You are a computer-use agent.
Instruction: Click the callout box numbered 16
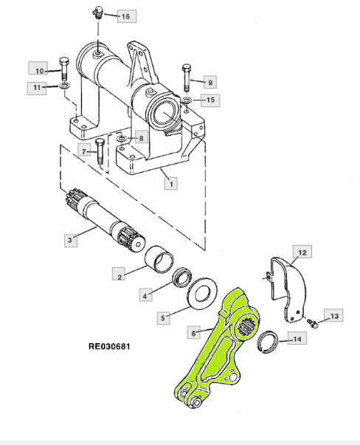tap(126, 16)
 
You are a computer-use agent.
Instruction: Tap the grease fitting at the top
tap(97, 13)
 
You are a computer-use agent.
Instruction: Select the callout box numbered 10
tap(38, 68)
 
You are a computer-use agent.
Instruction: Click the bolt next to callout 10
tap(64, 69)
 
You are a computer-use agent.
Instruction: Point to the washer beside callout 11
tap(65, 86)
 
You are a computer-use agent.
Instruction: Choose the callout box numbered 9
tap(210, 83)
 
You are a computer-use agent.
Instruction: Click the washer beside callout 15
tap(187, 100)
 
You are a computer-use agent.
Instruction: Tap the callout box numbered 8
tap(141, 138)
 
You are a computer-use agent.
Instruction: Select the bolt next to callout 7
tap(100, 151)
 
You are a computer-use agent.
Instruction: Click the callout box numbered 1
tap(171, 184)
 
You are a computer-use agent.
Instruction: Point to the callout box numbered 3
tap(71, 240)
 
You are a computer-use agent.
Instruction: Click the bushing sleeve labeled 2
tap(159, 258)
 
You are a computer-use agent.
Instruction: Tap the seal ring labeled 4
tap(182, 277)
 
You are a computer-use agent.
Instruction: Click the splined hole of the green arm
tap(246, 327)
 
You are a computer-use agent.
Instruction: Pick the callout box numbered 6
tap(193, 333)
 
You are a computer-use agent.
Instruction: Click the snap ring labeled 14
tap(269, 342)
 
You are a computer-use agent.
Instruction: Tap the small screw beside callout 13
tap(313, 322)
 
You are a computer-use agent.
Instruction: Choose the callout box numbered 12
tap(302, 252)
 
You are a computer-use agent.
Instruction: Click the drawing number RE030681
tap(109, 346)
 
